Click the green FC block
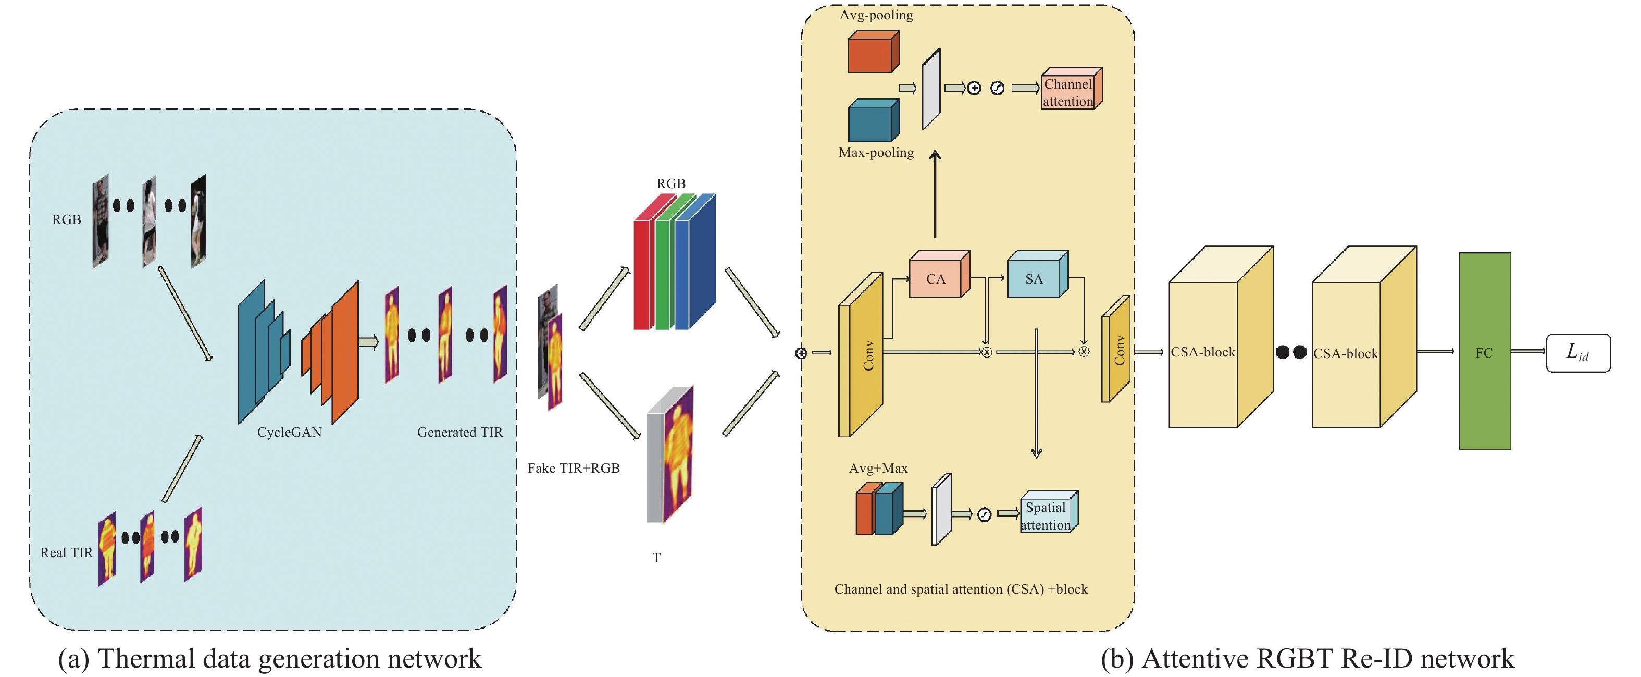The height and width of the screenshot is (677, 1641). [x=1484, y=351]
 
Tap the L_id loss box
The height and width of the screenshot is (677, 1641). [x=1577, y=352]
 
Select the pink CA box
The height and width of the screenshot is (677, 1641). [x=935, y=279]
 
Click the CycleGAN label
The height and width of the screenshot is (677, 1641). [x=289, y=432]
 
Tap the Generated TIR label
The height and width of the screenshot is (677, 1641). [x=459, y=432]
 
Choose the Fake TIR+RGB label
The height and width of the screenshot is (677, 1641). [x=574, y=468]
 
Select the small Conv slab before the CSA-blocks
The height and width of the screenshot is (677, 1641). [x=1116, y=349]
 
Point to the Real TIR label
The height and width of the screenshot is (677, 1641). [x=66, y=552]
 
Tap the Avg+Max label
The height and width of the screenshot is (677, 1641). [x=878, y=468]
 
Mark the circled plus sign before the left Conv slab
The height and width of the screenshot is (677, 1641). [x=801, y=352]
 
